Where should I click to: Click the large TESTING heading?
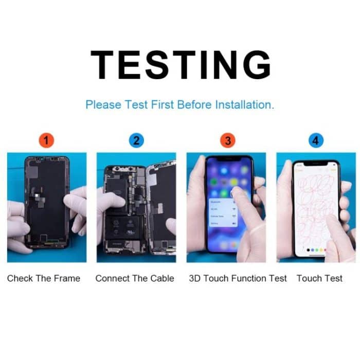tap(181, 65)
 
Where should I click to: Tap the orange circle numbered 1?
tap(46, 140)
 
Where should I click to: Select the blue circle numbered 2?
tap(136, 140)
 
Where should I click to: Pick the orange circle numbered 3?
tap(225, 140)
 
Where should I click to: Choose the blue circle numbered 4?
tap(315, 140)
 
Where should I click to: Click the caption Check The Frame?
tap(44, 278)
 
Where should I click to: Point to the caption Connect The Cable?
tap(135, 278)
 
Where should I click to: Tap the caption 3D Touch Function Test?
tap(238, 278)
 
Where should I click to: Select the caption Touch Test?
tap(319, 278)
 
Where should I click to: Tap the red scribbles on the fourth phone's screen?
tap(315, 206)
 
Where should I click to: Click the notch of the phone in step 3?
tap(229, 159)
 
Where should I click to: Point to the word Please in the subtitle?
tap(103, 105)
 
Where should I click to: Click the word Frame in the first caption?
tap(68, 278)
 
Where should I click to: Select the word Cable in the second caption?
tap(162, 278)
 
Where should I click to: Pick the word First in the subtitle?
tap(163, 105)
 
